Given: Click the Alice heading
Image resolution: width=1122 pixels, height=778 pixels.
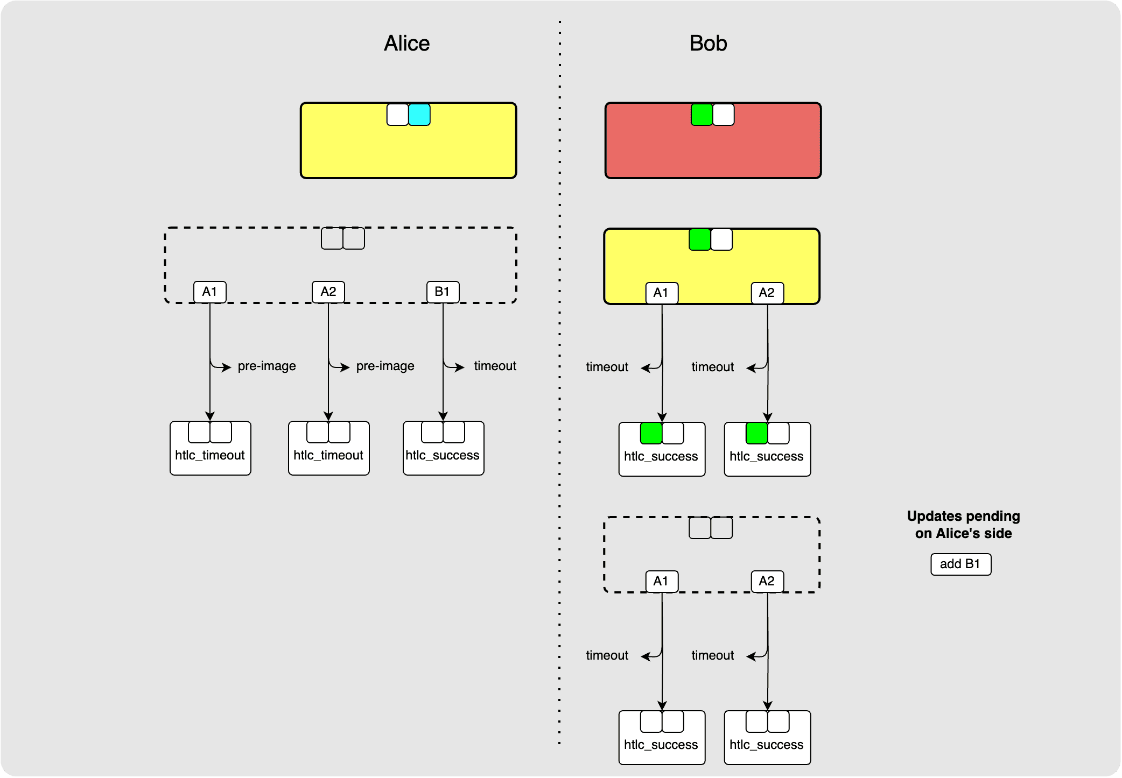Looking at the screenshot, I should (406, 44).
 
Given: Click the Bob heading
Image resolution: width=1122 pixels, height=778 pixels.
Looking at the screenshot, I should (708, 44).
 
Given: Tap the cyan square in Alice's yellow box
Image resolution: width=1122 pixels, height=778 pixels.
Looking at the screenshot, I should (419, 115).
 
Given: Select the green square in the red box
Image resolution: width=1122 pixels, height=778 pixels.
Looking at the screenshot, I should (702, 115).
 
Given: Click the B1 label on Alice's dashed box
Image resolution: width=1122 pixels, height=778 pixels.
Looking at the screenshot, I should (443, 292).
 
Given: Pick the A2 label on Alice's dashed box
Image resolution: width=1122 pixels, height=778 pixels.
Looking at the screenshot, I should (328, 292).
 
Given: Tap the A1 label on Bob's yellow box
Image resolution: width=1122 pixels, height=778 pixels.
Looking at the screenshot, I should (661, 293).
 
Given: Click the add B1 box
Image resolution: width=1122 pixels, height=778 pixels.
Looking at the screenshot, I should (960, 564).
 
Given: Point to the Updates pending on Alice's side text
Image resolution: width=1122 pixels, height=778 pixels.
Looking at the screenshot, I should (963, 525).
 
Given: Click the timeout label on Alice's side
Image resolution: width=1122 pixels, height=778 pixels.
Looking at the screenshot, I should (495, 366).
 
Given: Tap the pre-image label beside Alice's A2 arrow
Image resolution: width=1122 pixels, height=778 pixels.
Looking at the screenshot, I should (385, 366).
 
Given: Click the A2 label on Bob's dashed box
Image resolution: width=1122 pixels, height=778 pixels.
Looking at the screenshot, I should (767, 582).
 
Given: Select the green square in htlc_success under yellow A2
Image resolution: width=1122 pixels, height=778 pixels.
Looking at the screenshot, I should (756, 434).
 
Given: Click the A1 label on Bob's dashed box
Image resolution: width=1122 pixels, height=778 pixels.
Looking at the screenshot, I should (661, 582).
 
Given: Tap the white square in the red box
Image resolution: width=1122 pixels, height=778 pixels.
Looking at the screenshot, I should (724, 115).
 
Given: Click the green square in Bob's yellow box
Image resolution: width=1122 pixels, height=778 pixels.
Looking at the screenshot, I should (700, 240).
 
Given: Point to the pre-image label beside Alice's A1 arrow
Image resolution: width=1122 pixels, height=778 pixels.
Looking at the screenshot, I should (267, 366).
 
